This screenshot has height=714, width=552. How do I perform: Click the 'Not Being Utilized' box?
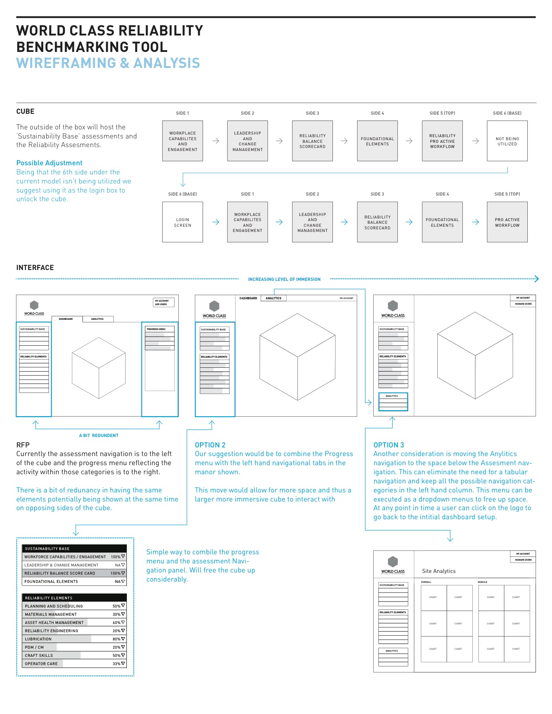[x=507, y=141]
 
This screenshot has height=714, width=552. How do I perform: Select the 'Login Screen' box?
[x=182, y=222]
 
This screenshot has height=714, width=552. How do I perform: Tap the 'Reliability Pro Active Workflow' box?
[x=442, y=141]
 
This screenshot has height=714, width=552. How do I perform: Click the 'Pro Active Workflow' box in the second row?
[x=507, y=222]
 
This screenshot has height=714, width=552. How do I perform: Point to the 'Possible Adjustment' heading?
[x=49, y=163]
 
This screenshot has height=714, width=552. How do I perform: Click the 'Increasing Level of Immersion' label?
[x=284, y=280]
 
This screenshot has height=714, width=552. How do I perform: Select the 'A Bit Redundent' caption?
[x=99, y=436]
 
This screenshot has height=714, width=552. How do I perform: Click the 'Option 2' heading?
[x=210, y=445]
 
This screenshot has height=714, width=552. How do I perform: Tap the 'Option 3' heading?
[x=389, y=445]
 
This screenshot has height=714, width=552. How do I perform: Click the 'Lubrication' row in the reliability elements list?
[x=38, y=639]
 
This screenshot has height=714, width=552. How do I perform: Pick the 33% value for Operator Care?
[x=116, y=664]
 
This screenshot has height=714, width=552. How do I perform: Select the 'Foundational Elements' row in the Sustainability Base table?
[x=51, y=582]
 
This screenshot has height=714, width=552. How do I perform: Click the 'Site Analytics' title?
[x=439, y=571]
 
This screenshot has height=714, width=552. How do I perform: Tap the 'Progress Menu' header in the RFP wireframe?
[x=156, y=329]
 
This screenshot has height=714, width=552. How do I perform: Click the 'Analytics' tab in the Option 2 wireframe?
[x=273, y=298]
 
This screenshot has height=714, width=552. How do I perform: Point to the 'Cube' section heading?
[x=25, y=112]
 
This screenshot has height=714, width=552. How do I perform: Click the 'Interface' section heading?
[x=35, y=268]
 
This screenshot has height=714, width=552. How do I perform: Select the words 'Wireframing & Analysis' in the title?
[x=108, y=63]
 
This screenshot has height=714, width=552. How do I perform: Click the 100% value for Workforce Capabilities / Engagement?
[x=116, y=557]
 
